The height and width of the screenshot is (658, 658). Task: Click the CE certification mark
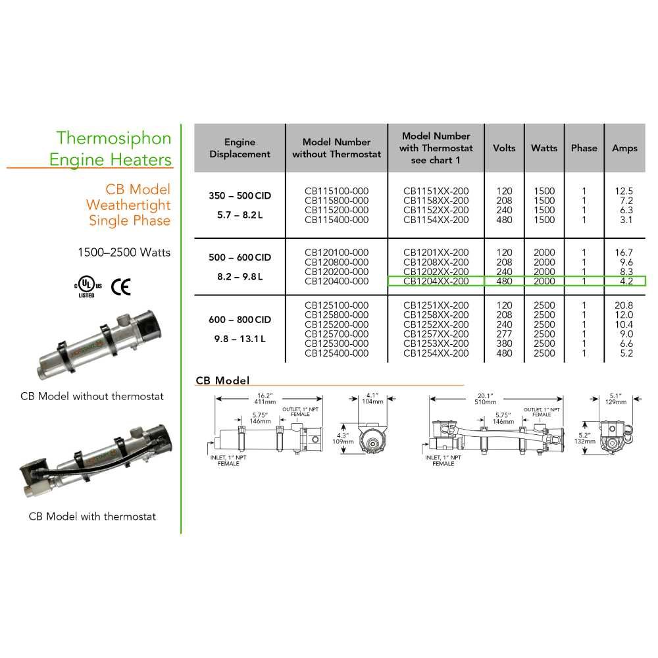pos(120,286)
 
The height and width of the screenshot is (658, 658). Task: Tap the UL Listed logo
pos(87,286)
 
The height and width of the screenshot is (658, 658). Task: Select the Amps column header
pos(624,148)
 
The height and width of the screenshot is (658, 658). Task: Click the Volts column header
pos(504,148)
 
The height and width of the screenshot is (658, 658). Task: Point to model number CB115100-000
pos(336,191)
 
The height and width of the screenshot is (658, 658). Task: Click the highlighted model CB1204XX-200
pos(436,281)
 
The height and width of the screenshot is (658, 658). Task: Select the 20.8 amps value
pos(624,305)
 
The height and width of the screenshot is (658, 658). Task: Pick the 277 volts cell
pos(504,334)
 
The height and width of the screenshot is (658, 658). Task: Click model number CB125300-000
pos(336,343)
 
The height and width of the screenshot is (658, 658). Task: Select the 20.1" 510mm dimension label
pos(486,399)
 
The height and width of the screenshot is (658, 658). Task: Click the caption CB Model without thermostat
pos(91,396)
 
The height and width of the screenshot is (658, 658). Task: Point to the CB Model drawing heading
pos(223,380)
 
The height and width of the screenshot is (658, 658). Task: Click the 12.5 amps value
pos(624,191)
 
